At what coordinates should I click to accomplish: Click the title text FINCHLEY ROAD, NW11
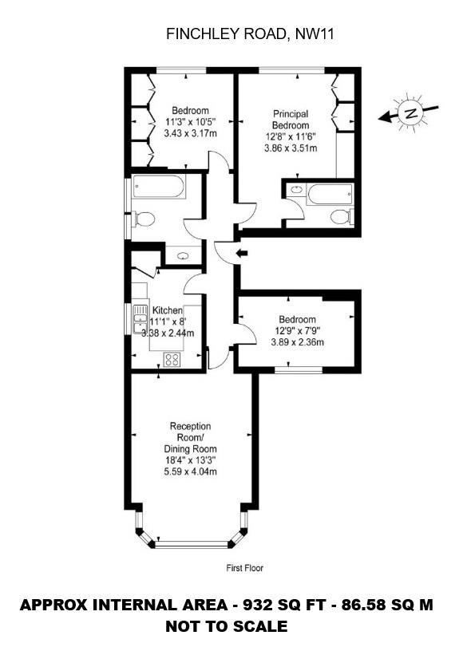tap(231, 34)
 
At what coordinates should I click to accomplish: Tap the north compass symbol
tap(410, 113)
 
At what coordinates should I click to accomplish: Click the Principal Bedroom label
tap(290, 120)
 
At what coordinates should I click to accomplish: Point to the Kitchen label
tap(168, 310)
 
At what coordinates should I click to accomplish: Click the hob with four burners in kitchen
tap(172, 358)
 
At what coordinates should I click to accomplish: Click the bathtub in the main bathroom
tap(159, 188)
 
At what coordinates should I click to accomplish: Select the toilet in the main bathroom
tap(144, 219)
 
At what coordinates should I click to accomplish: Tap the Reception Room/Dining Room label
tap(189, 437)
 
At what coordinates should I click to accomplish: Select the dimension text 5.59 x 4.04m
tap(190, 471)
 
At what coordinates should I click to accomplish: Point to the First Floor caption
tap(244, 569)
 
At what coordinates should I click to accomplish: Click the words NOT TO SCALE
tap(226, 627)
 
